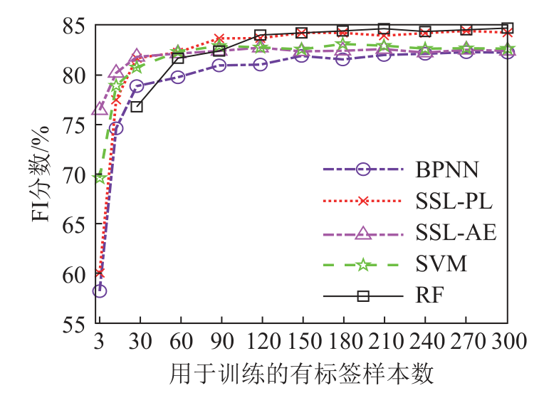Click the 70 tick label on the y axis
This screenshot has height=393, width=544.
[x=76, y=174]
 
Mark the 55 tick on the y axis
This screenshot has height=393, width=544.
[x=76, y=324]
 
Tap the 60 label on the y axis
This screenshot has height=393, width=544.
[x=76, y=274]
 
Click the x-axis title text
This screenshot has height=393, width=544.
[x=302, y=372]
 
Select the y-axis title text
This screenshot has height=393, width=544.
[x=41, y=174]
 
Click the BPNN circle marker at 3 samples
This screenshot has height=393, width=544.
[x=100, y=290]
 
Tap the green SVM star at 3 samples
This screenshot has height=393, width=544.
[x=100, y=177]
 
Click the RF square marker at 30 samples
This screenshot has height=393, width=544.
[x=137, y=106]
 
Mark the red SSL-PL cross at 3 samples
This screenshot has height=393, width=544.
[x=100, y=273]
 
